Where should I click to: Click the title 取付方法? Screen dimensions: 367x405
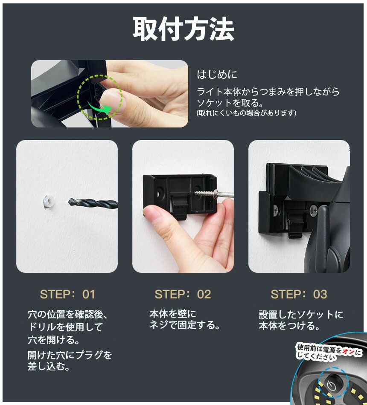click(183, 29)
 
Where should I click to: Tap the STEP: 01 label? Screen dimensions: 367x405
click(67, 295)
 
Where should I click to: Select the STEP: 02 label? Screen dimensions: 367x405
click(183, 295)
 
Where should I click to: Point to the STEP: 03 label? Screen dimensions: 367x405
click(299, 295)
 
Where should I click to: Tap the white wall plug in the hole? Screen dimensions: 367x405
click(48, 202)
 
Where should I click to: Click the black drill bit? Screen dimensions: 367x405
click(93, 203)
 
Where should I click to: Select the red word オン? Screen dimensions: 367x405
click(349, 351)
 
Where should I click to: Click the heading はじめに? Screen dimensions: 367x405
click(217, 75)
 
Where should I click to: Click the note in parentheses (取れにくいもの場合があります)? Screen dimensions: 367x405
click(246, 113)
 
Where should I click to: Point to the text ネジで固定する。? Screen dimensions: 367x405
click(185, 325)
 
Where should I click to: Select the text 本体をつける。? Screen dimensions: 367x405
click(289, 326)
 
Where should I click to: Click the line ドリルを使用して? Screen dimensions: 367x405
click(65, 327)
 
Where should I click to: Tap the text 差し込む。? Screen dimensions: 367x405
click(49, 366)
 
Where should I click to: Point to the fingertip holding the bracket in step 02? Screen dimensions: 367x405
click(154, 214)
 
